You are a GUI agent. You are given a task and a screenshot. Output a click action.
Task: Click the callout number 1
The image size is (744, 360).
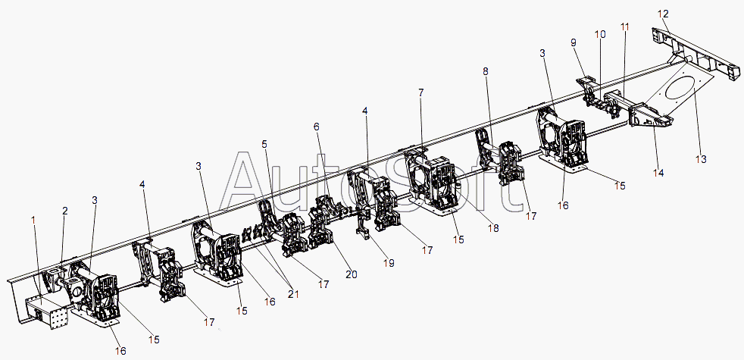click(x=33, y=220)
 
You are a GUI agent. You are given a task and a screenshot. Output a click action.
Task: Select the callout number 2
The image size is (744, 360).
click(x=65, y=211)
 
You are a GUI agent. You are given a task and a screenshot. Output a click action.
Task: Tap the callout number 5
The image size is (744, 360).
click(x=264, y=143)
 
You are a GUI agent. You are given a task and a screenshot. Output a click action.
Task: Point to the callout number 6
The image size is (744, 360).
click(x=317, y=127)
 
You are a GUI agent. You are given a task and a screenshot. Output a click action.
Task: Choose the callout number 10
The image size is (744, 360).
click(x=600, y=34)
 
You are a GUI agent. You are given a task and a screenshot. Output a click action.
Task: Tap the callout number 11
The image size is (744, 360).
click(x=625, y=27)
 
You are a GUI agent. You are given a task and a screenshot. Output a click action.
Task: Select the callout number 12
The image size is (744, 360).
click(x=664, y=13)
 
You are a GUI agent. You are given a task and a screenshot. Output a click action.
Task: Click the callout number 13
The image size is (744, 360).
click(x=700, y=159)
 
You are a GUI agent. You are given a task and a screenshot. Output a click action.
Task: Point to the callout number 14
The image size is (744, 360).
click(x=659, y=173)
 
